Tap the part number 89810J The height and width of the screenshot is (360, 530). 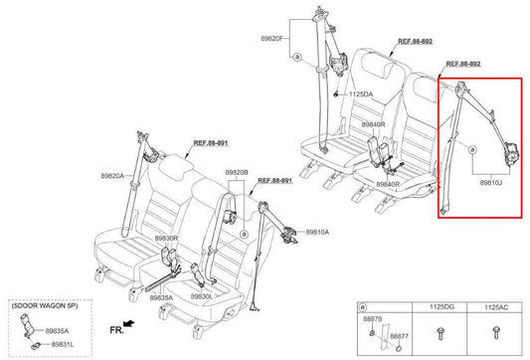[491, 184]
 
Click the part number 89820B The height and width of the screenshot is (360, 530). [237, 171]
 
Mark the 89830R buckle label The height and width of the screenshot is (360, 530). [166, 239]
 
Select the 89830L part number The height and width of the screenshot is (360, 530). [202, 296]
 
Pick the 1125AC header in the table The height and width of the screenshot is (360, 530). [495, 309]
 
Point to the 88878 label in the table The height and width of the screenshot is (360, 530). [373, 319]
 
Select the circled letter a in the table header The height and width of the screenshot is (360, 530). [365, 309]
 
